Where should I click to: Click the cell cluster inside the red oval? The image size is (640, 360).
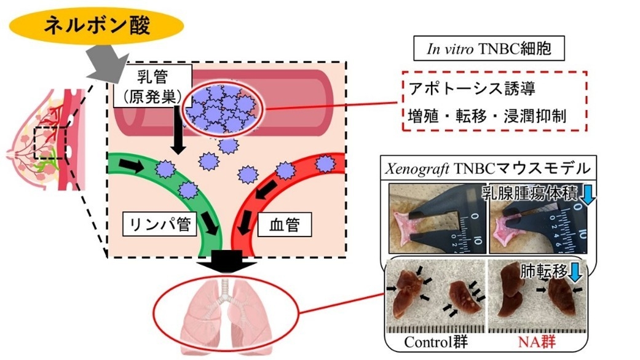pyautogui.click(x=223, y=108)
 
